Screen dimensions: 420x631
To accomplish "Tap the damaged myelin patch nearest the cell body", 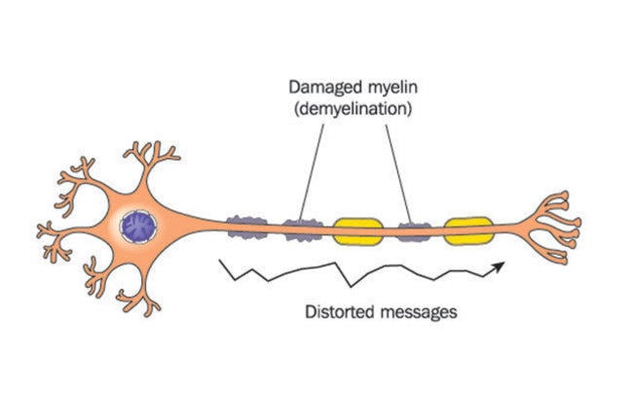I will click(x=245, y=227).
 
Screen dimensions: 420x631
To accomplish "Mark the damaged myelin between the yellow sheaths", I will click(x=414, y=231).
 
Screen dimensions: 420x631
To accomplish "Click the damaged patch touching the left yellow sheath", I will click(x=307, y=230).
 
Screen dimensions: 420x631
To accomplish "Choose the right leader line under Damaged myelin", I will click(x=396, y=169).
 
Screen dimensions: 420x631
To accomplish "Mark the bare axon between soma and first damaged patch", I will click(x=204, y=226).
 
